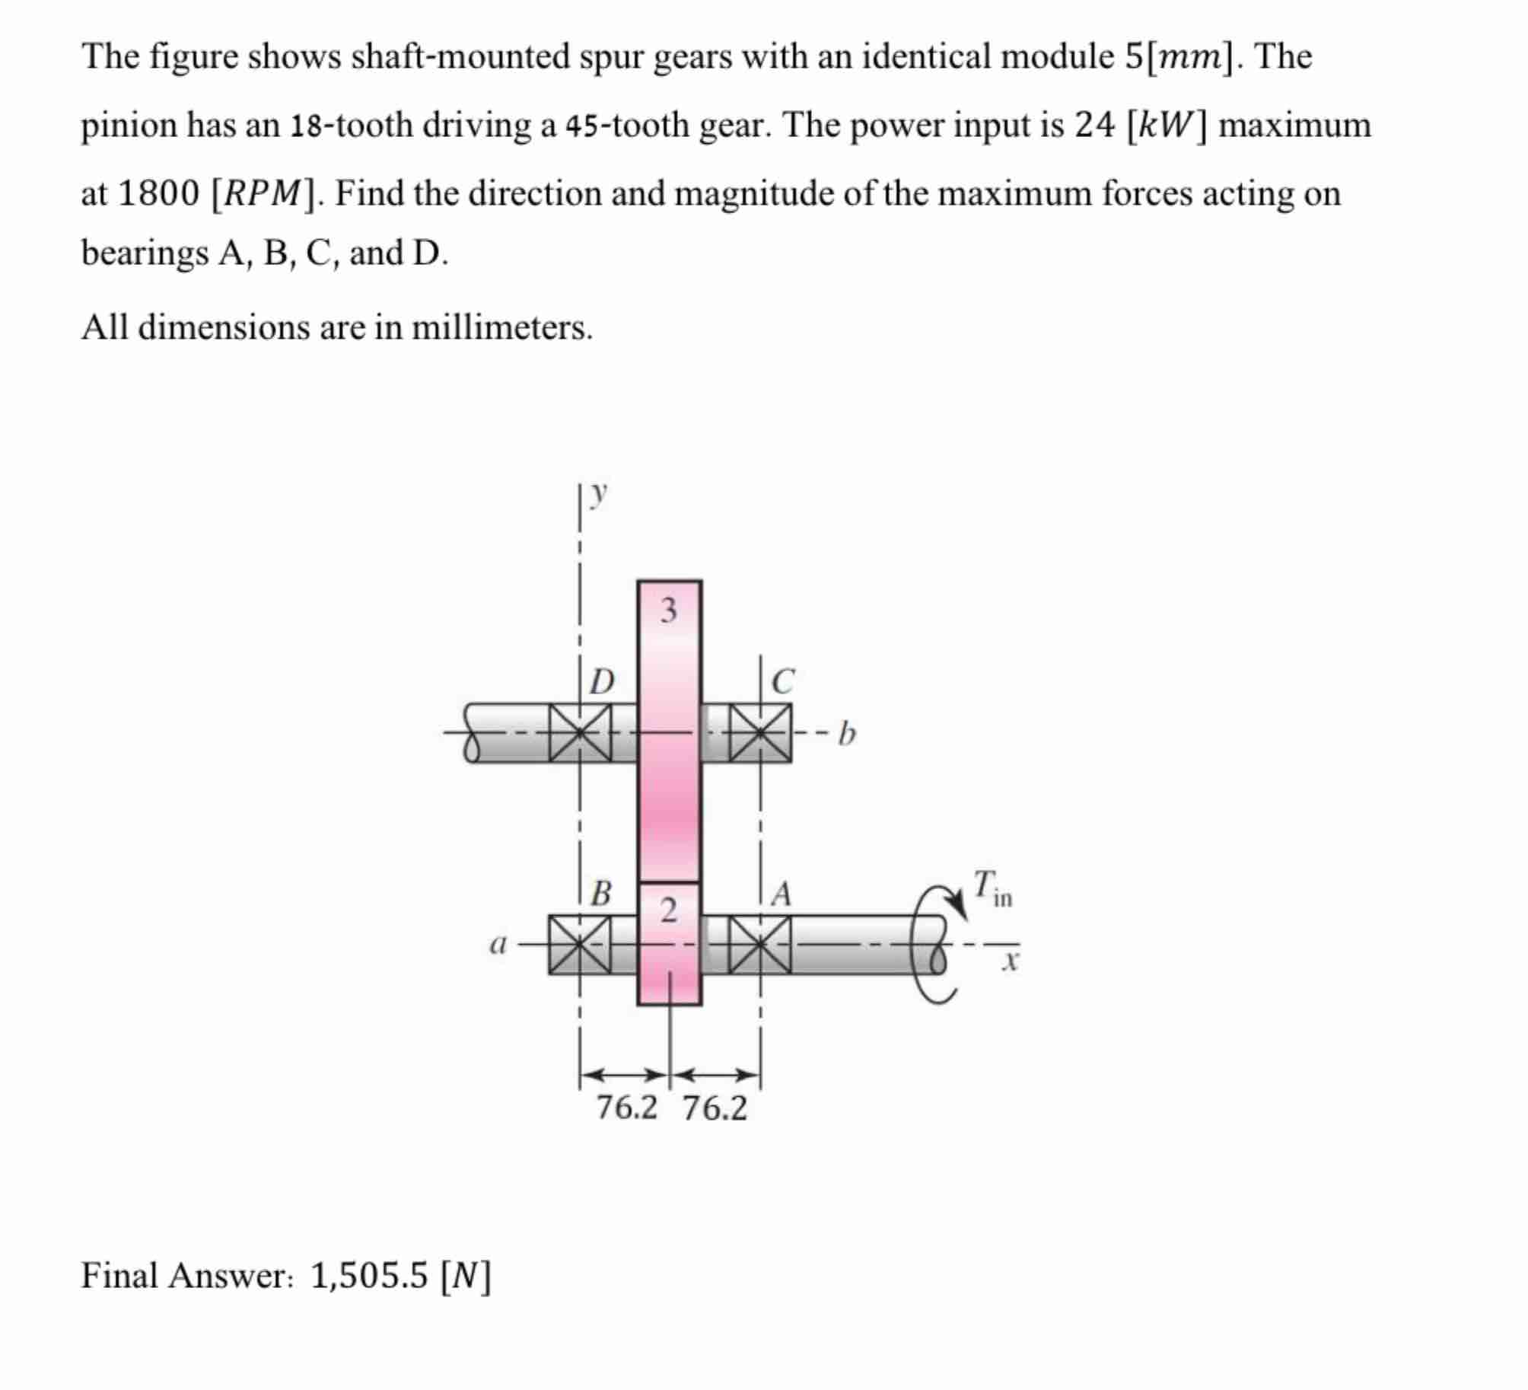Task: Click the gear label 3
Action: coord(668,610)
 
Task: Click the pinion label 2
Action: coord(668,910)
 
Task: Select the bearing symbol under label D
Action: coord(580,733)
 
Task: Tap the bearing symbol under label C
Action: coord(760,733)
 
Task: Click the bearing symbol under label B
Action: coord(580,945)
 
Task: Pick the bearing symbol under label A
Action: coord(760,945)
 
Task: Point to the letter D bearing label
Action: coord(603,682)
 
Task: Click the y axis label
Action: coord(600,494)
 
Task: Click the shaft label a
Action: coord(497,945)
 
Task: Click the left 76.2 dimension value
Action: coord(626,1108)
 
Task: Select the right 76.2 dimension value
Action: coord(715,1108)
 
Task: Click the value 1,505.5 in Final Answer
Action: coord(369,1275)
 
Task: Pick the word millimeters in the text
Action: coord(501,327)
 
